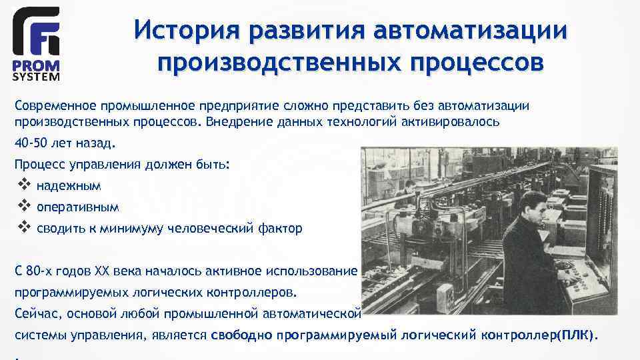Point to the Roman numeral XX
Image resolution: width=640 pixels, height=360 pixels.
pos(102,271)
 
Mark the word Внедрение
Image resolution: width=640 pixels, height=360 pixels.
pos(236,122)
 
